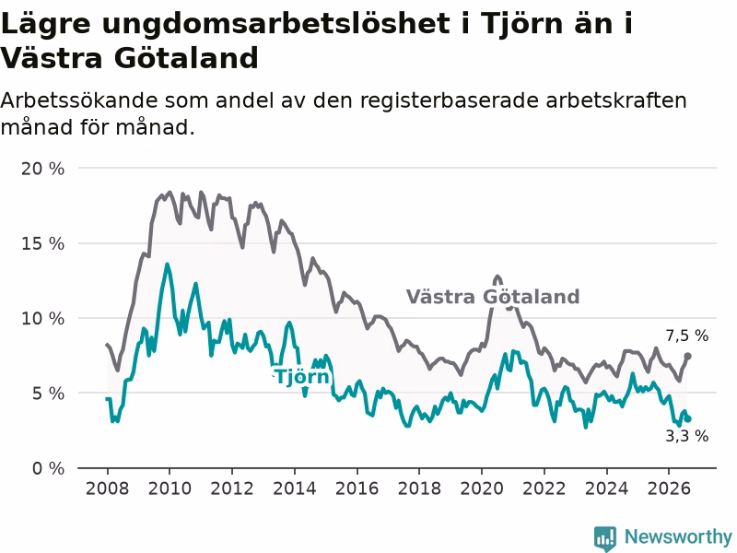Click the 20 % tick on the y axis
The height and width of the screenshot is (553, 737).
click(x=42, y=169)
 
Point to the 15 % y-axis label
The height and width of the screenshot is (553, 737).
click(x=42, y=243)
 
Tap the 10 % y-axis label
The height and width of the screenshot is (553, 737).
click(x=42, y=318)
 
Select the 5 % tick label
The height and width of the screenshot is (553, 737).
click(x=48, y=394)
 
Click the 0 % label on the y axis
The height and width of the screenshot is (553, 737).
click(x=48, y=468)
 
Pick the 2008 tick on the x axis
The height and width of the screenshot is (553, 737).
click(x=107, y=488)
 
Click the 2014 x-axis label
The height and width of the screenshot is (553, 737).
click(x=295, y=488)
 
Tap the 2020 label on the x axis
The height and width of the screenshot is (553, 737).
click(x=482, y=488)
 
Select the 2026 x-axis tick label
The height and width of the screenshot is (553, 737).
click(x=669, y=488)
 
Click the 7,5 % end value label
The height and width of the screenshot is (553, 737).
click(x=686, y=335)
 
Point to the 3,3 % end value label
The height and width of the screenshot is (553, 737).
click(x=686, y=436)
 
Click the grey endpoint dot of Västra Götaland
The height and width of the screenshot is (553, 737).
click(x=687, y=356)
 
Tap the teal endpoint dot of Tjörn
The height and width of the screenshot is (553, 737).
click(x=688, y=419)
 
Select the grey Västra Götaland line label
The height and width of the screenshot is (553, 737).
click(x=493, y=297)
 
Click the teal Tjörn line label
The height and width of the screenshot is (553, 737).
click(x=302, y=376)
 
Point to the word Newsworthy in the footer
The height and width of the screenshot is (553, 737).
click(x=678, y=536)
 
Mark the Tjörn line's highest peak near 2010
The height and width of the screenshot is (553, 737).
click(x=167, y=265)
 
